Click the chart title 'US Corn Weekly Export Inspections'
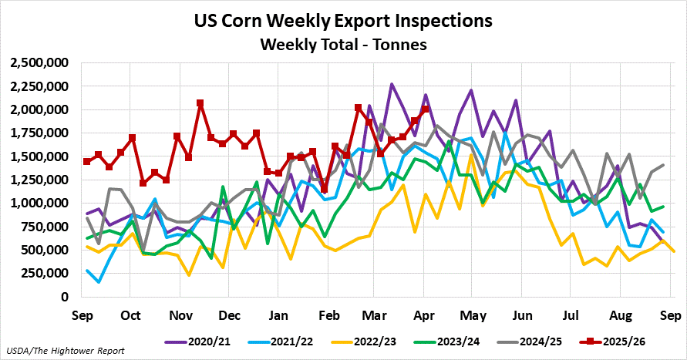point(343,19)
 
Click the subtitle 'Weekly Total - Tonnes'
point(343,44)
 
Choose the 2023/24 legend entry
point(452,340)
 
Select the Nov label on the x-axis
point(180,315)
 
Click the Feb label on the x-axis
point(329,315)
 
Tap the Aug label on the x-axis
point(618,315)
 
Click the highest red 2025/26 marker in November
point(200,103)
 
